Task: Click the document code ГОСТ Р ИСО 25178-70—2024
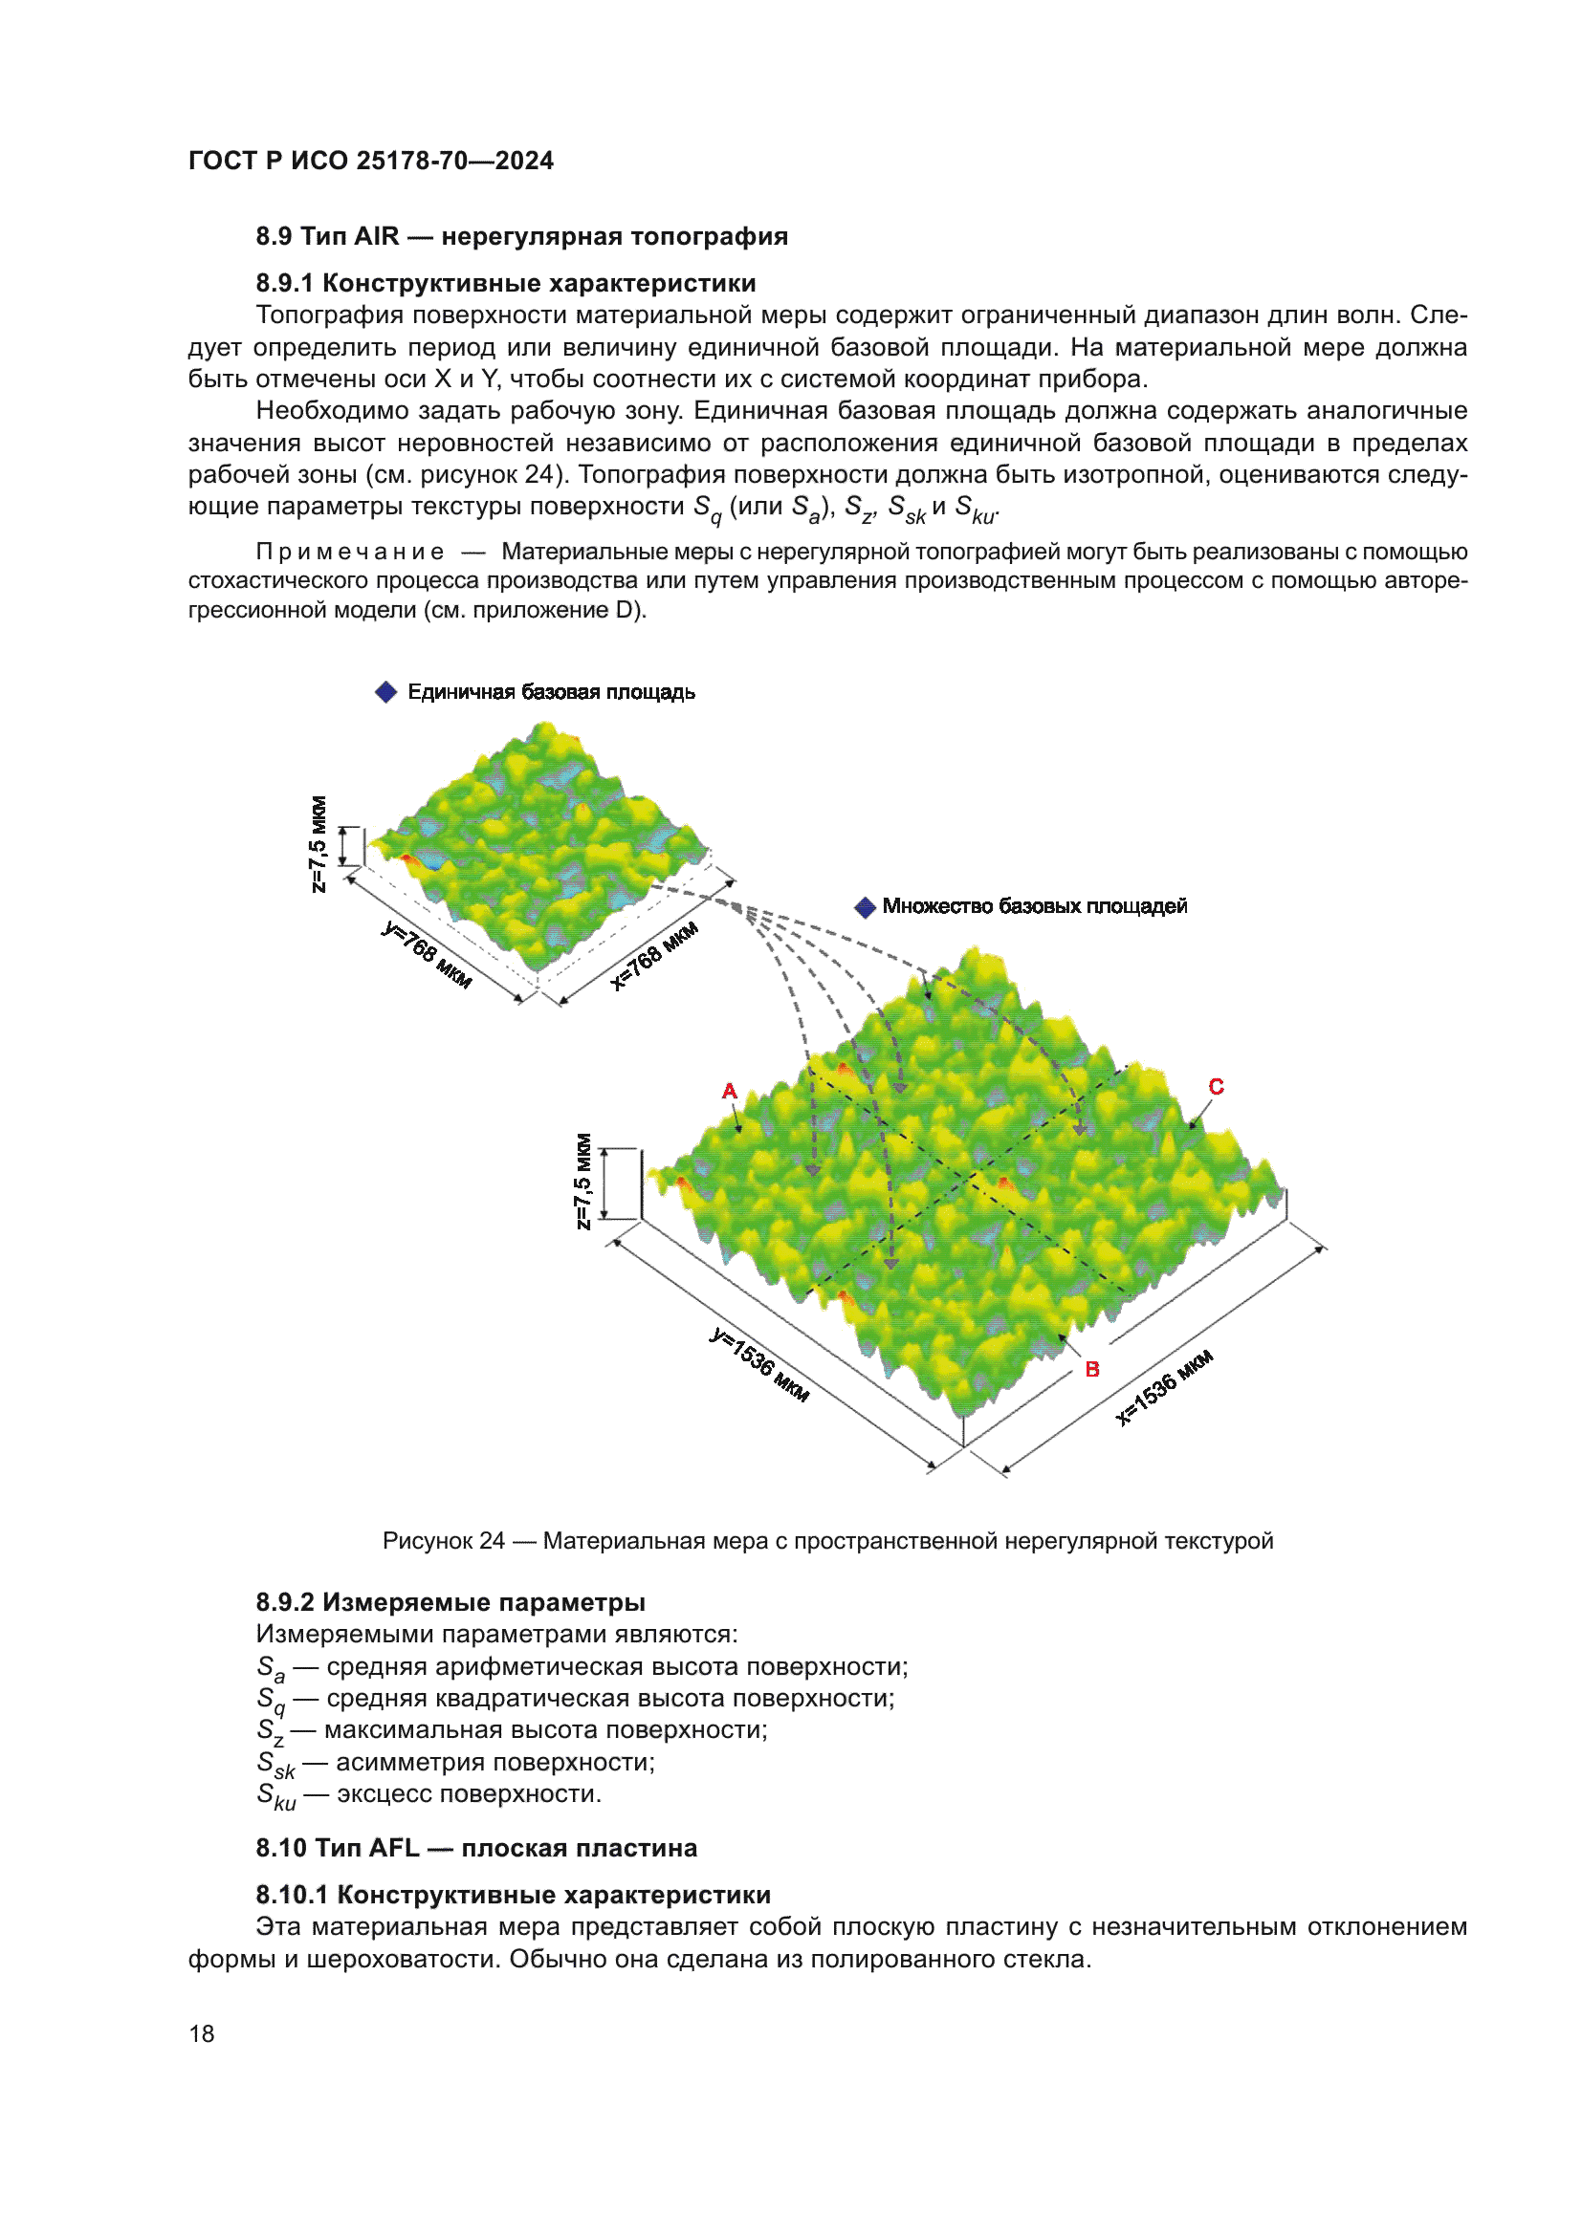pyautogui.click(x=370, y=161)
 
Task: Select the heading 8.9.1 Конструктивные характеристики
pyautogui.click(x=506, y=283)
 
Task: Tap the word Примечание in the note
pyautogui.click(x=350, y=553)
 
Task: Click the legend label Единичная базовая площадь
pyautogui.click(x=550, y=692)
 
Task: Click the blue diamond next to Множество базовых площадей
pyautogui.click(x=864, y=907)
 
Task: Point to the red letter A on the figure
pyautogui.click(x=730, y=1092)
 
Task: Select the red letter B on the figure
pyautogui.click(x=1092, y=1369)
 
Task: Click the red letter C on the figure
pyautogui.click(x=1216, y=1087)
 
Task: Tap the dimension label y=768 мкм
pyautogui.click(x=427, y=955)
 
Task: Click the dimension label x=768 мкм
pyautogui.click(x=653, y=955)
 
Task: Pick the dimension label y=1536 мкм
pyautogui.click(x=758, y=1364)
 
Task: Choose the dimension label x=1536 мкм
pyautogui.click(x=1164, y=1388)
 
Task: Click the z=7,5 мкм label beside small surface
pyautogui.click(x=318, y=844)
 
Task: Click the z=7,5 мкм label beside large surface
pyautogui.click(x=582, y=1182)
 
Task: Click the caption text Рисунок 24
pyautogui.click(x=443, y=1541)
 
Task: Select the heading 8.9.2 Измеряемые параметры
pyautogui.click(x=450, y=1602)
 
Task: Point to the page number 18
pyautogui.click(x=202, y=2034)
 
